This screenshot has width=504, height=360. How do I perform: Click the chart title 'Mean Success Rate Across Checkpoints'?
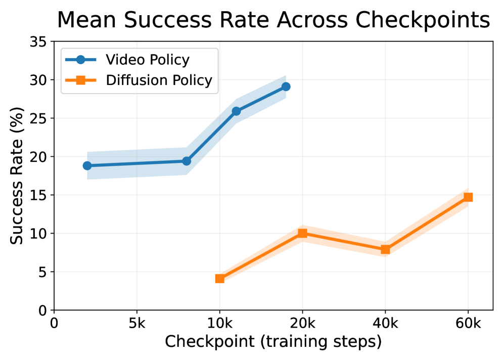click(x=273, y=21)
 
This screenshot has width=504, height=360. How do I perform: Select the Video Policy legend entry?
click(x=147, y=60)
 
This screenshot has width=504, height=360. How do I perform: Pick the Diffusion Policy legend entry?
click(x=159, y=80)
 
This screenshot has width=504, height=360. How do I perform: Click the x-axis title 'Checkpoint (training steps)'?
click(x=273, y=342)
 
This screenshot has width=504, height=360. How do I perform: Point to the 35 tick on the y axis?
click(x=40, y=42)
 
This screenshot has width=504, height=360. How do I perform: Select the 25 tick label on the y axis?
click(x=40, y=118)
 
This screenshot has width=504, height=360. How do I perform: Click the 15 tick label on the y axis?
click(x=40, y=195)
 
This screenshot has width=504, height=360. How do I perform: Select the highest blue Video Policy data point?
click(x=286, y=86)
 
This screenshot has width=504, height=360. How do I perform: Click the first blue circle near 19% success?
click(x=87, y=166)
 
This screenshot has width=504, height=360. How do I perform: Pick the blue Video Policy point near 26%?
click(x=236, y=111)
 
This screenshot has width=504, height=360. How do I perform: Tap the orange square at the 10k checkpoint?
click(x=219, y=279)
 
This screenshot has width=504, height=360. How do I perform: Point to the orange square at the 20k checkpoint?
click(x=302, y=233)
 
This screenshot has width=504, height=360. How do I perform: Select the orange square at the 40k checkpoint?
click(x=385, y=249)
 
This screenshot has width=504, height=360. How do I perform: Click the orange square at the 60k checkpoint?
click(x=468, y=197)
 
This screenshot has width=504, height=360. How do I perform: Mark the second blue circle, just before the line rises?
click(x=187, y=161)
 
